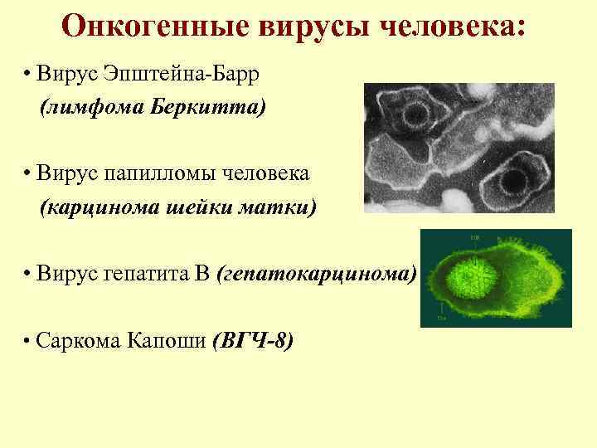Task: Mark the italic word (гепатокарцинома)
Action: pos(315,275)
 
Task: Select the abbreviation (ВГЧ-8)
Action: pos(252,341)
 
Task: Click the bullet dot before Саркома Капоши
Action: pos(28,341)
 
